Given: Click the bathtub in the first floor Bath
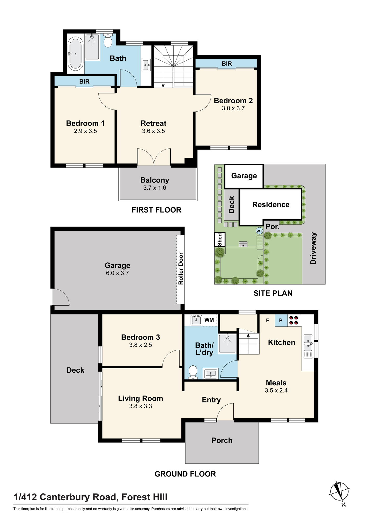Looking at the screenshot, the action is point(76,54).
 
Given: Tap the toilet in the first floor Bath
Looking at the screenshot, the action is point(108,40).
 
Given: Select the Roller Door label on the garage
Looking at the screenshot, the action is point(181,269).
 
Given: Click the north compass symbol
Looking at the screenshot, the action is point(339,492).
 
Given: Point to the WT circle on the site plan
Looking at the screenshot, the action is point(259,231).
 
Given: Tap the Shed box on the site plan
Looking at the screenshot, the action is point(220,240).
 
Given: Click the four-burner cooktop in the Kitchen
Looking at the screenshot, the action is point(294,320).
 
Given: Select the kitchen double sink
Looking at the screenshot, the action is point(308,346).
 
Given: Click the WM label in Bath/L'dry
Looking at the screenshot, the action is point(209,320).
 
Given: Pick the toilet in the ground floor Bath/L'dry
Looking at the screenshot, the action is point(193,372).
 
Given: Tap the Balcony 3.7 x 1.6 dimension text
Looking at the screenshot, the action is point(155,188).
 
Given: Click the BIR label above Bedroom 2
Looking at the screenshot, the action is point(227,64).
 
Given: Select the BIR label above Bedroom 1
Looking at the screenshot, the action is point(84,81).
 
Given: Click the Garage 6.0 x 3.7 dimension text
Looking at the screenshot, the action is point(117,273).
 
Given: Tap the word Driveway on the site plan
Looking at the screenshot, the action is point(313,248).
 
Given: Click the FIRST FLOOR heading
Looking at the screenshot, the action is point(157,210).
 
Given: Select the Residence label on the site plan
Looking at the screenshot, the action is point(271,204).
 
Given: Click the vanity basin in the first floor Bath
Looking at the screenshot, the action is point(146,65).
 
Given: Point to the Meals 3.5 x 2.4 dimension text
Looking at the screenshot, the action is point(276,391).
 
